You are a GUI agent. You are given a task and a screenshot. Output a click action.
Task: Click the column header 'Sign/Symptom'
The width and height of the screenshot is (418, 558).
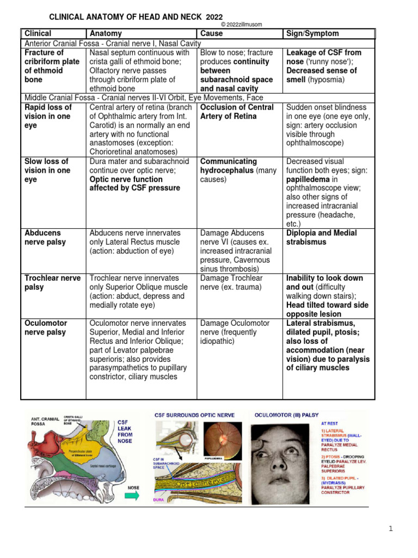coord(312,34)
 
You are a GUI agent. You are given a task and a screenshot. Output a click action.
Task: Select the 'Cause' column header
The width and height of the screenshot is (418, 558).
coord(212,34)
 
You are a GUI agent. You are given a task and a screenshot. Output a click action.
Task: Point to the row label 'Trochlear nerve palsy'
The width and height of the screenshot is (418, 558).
coord(52,282)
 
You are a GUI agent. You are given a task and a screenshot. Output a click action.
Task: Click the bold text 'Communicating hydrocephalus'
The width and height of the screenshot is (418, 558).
coord(229,166)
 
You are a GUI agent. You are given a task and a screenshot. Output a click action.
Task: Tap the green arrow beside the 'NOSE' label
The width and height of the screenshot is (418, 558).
coord(132,496)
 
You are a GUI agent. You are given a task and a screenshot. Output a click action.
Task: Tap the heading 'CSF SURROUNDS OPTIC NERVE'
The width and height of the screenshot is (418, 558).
coord(195,415)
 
